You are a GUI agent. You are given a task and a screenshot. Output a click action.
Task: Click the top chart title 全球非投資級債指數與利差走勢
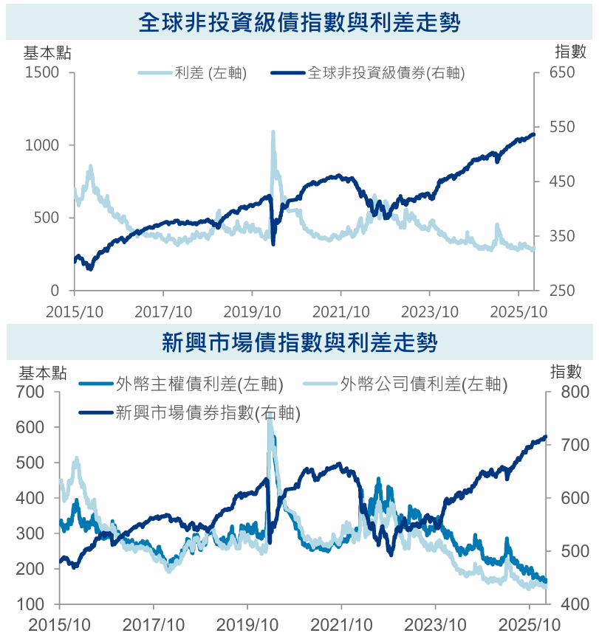tap(299, 22)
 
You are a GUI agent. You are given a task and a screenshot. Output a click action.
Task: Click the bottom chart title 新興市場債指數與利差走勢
tap(299, 342)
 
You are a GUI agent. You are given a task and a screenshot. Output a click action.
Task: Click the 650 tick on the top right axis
tap(561, 72)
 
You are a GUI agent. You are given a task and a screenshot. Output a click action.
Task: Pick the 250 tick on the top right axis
tap(561, 291)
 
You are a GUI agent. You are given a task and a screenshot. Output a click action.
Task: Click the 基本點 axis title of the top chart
tap(48, 52)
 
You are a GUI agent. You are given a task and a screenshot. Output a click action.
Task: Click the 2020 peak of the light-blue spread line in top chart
tap(273, 132)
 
